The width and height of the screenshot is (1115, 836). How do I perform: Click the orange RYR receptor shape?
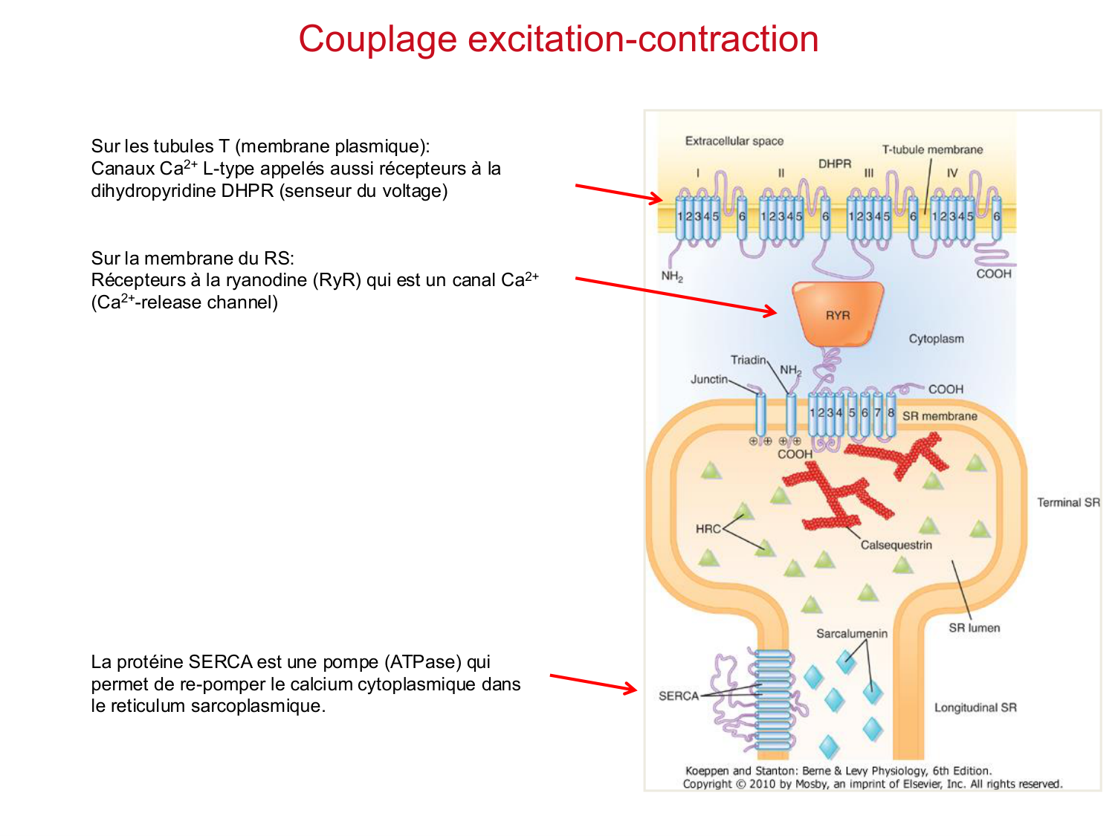click(838, 314)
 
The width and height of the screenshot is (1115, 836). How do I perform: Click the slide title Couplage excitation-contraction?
click(558, 39)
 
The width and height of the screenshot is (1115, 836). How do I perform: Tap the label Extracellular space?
click(734, 141)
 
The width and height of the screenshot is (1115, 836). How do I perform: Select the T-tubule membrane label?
click(932, 149)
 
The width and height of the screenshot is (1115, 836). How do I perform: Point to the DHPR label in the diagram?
click(835, 163)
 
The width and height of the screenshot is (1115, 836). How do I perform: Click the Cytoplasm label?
click(936, 339)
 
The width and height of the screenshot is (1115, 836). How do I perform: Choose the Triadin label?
click(748, 360)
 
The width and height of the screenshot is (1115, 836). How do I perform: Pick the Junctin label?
click(709, 379)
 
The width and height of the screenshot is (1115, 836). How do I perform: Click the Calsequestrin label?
click(896, 545)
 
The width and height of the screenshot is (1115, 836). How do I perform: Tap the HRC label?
click(708, 529)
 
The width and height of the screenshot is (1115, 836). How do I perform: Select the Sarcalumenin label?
click(852, 634)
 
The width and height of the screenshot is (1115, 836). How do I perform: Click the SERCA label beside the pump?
click(679, 696)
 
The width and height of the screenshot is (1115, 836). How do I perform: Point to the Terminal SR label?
click(1068, 502)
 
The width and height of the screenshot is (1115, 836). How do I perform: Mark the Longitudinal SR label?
click(975, 707)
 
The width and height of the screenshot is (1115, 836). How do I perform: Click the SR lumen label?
click(974, 628)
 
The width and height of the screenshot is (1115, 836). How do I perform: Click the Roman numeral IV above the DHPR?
click(952, 173)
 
